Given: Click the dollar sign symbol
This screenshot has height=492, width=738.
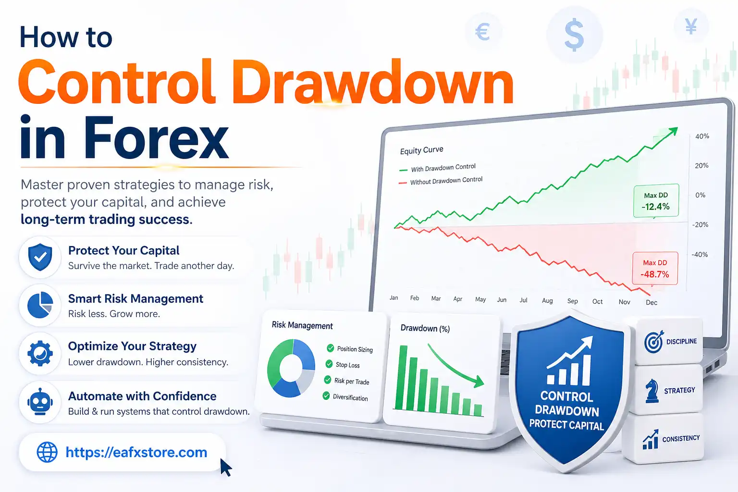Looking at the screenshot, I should click(x=574, y=35).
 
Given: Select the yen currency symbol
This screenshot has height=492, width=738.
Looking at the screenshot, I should click(x=691, y=27).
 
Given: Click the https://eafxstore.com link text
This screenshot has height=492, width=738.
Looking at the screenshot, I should click(x=136, y=452).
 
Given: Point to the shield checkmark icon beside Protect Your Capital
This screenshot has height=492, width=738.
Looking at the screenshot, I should click(x=40, y=257).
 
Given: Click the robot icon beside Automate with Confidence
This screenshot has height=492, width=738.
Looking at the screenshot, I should click(x=40, y=402).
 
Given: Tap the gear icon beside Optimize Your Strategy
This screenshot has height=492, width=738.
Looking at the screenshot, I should click(x=40, y=354).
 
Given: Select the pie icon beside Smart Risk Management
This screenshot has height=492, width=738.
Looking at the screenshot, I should click(x=40, y=305).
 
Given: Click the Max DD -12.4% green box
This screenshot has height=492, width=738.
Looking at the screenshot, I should click(x=656, y=201).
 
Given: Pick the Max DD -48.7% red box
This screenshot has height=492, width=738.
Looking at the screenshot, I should click(x=655, y=269).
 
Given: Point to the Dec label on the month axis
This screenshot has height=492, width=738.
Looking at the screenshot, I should click(x=652, y=302).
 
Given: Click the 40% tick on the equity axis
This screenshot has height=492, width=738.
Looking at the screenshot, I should click(x=702, y=136).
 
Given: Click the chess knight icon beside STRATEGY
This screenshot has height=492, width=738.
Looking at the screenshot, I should click(x=652, y=390).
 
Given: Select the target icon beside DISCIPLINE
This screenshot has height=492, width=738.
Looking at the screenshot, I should click(x=653, y=342).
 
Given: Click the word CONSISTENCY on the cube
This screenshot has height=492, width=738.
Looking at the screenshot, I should click(x=681, y=439).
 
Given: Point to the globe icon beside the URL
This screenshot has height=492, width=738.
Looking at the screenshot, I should click(x=47, y=452).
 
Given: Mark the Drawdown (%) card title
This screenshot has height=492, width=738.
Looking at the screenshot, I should click(x=425, y=329).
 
